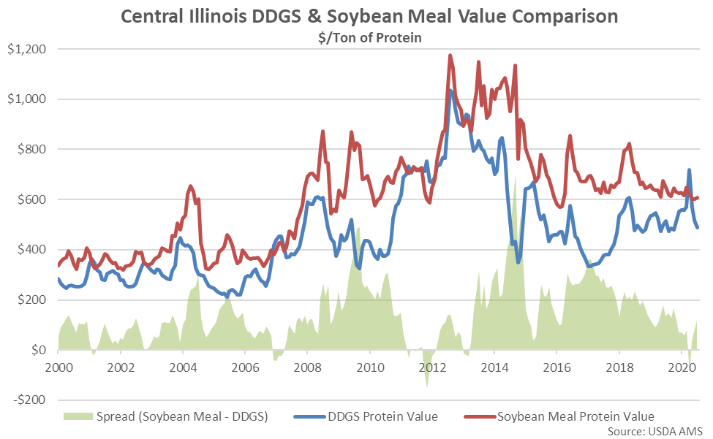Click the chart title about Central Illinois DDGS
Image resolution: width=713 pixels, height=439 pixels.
(x=356, y=15)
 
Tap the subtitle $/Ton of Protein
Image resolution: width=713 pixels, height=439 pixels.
(x=357, y=37)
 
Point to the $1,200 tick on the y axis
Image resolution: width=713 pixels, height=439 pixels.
(x=25, y=49)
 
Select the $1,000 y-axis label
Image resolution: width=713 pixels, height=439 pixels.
(x=25, y=99)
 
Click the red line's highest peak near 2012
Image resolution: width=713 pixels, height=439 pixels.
(x=450, y=56)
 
